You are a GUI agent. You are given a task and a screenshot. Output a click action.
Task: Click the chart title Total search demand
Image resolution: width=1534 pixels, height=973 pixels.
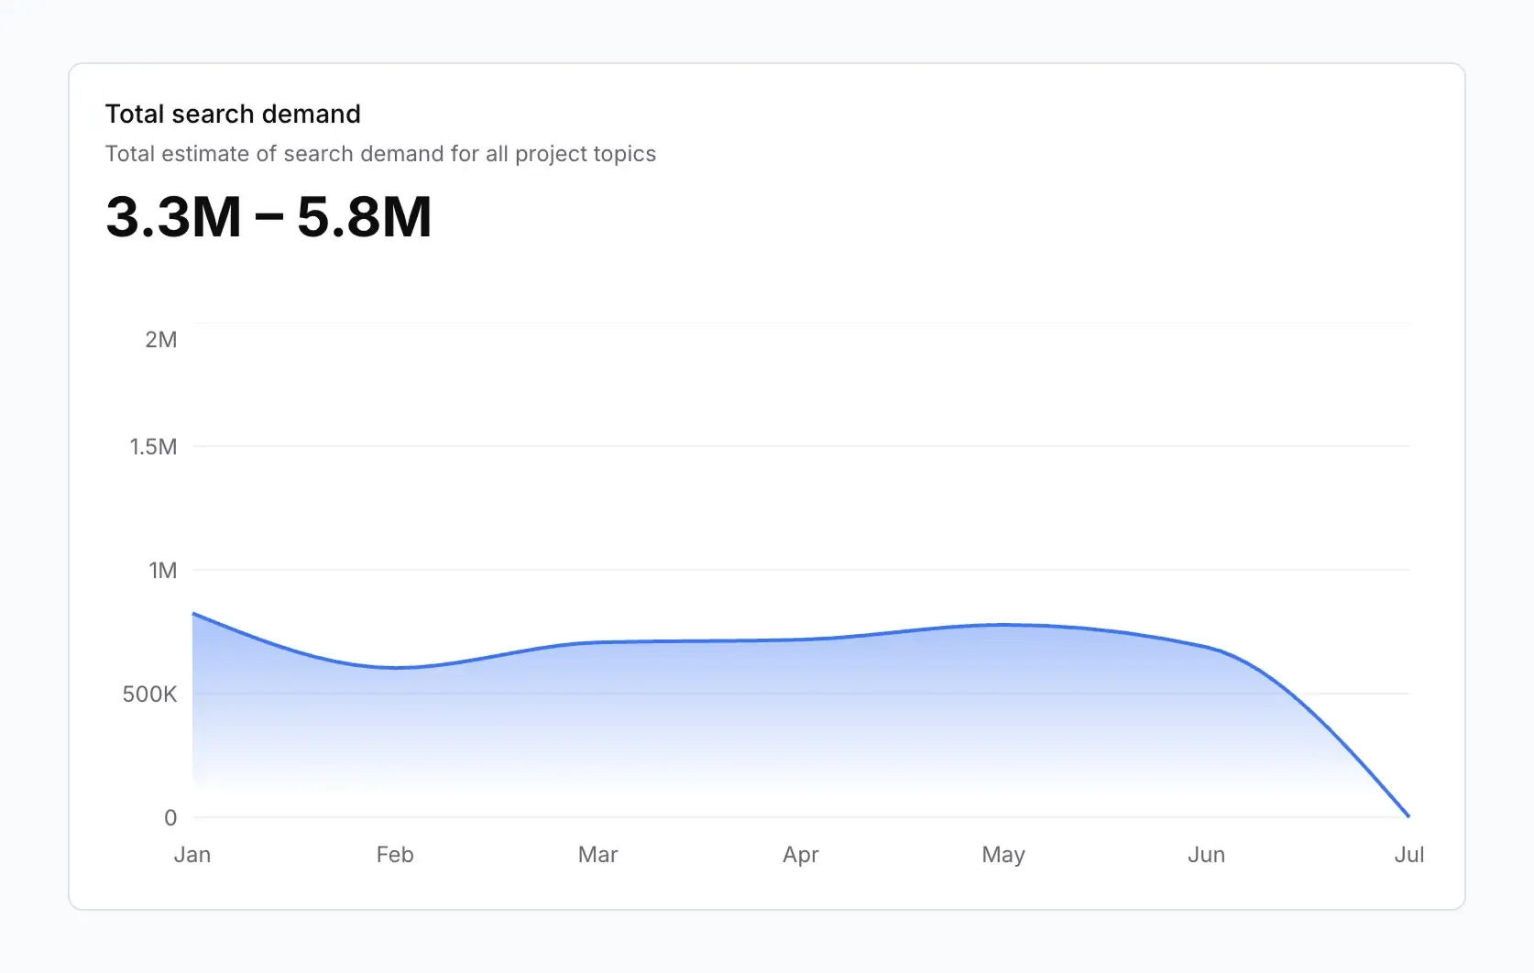[233, 114]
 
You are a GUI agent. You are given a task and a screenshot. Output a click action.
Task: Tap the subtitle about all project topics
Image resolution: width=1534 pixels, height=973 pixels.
[380, 154]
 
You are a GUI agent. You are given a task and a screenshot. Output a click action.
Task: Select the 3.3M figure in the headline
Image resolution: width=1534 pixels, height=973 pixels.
[173, 217]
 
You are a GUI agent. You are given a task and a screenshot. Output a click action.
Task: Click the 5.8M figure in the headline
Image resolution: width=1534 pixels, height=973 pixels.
[364, 217]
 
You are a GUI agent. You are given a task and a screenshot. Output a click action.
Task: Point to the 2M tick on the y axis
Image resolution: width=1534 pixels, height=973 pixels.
[161, 340]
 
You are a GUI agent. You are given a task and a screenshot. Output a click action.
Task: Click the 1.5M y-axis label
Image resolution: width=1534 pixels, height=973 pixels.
[153, 447]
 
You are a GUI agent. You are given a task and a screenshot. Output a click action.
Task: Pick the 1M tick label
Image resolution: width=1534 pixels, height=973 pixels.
[163, 571]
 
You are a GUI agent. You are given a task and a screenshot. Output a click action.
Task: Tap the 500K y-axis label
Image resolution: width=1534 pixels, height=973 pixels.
[149, 694]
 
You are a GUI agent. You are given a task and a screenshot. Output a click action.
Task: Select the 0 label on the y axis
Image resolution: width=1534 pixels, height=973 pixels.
[170, 818]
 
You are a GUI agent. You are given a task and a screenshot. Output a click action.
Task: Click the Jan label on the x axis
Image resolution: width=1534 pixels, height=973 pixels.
[192, 855]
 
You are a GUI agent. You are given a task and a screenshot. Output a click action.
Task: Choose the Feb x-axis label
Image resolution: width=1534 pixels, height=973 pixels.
[395, 855]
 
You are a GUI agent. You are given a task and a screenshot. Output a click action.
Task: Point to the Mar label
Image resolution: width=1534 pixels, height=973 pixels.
[597, 855]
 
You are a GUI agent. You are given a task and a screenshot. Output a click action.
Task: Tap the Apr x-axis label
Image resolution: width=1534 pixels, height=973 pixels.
[800, 855]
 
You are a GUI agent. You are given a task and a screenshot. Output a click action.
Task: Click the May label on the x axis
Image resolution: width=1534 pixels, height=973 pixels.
[1003, 855]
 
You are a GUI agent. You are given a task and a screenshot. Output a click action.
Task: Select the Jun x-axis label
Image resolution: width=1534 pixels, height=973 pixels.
[1206, 855]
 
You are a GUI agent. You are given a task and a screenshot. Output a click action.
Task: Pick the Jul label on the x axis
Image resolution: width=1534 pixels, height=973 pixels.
[1408, 855]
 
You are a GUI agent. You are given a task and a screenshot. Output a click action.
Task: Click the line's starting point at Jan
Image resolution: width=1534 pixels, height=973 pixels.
[193, 614]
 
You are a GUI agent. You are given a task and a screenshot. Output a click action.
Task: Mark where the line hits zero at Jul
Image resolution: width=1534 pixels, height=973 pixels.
[1408, 816]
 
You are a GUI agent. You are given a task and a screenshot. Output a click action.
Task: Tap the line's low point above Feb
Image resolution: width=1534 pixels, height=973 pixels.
[396, 668]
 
